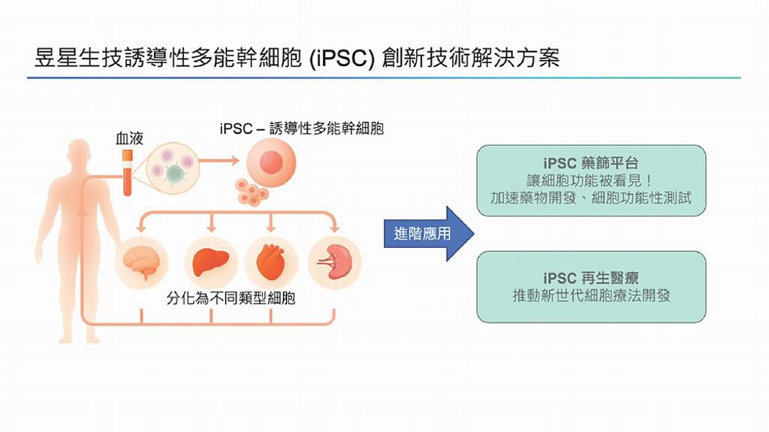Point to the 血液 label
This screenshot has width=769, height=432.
(128, 139)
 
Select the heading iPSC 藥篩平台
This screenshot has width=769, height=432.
(591, 163)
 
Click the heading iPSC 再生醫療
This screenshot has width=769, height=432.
(591, 279)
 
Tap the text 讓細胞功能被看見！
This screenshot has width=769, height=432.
(591, 181)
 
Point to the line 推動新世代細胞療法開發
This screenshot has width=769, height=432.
(591, 296)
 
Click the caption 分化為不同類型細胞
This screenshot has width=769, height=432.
(231, 298)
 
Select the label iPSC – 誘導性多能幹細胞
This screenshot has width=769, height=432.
(302, 128)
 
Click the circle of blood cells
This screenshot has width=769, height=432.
(171, 166)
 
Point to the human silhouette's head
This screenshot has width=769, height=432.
(78, 154)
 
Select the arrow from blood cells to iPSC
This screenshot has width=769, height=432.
(219, 161)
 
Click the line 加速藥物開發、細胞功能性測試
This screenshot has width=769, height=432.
(591, 199)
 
